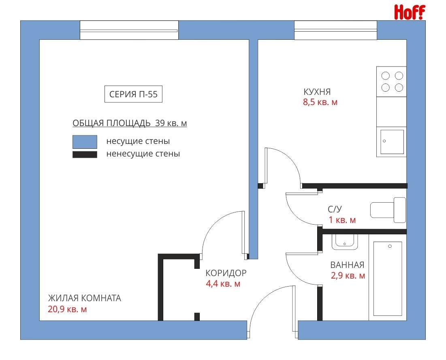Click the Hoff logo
point(410,12)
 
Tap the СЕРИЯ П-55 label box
point(133,94)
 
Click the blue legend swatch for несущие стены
point(85,142)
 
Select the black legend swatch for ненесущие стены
point(85,154)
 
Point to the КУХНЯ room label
point(317,92)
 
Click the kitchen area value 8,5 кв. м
point(320,102)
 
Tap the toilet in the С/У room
point(388,210)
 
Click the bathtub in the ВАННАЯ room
point(387,279)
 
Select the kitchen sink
point(392,142)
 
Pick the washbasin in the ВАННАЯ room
point(344,242)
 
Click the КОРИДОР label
point(226,273)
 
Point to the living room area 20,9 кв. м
point(67,309)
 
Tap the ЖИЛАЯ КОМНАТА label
point(85,298)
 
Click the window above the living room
point(129,30)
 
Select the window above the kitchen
point(336,30)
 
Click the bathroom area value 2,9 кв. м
point(348,276)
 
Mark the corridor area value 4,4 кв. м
point(223,284)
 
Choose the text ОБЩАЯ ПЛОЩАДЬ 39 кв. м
point(130,123)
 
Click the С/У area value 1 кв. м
point(342,220)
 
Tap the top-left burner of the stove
point(385,76)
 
